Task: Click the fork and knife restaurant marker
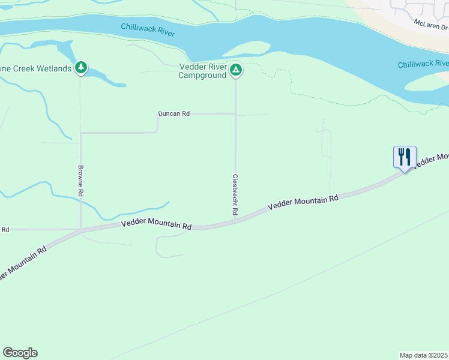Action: tap(405, 157)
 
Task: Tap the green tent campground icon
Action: tap(236, 71)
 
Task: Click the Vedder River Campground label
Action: tap(203, 71)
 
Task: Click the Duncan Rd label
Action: tap(173, 113)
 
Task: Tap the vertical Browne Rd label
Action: tap(80, 181)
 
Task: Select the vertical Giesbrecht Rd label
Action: tap(235, 195)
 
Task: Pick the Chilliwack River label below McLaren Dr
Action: tap(423, 64)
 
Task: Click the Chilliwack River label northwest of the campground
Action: tap(148, 30)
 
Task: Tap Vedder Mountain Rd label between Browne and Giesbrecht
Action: tap(156, 224)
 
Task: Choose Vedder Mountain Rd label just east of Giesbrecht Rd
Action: tap(303, 201)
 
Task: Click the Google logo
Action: tap(20, 353)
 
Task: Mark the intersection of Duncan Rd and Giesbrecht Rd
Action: tap(235, 114)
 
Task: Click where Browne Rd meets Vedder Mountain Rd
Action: tap(81, 229)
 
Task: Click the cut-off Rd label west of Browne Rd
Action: tap(5, 230)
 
